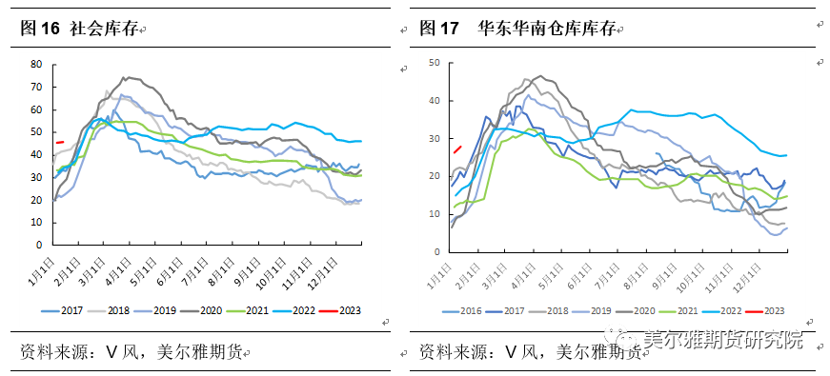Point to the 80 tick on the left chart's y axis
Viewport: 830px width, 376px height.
coord(36,64)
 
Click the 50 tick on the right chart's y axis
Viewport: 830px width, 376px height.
coord(434,63)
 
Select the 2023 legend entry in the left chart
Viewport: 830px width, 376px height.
coord(342,310)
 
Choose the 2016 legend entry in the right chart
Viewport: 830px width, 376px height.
coord(462,310)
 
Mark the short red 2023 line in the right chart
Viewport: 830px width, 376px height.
coord(456,148)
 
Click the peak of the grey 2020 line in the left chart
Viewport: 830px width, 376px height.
coord(125,77)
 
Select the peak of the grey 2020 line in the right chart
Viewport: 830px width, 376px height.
coord(540,76)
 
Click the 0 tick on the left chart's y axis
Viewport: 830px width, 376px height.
coord(39,245)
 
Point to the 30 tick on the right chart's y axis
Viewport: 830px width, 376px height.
coord(434,139)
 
